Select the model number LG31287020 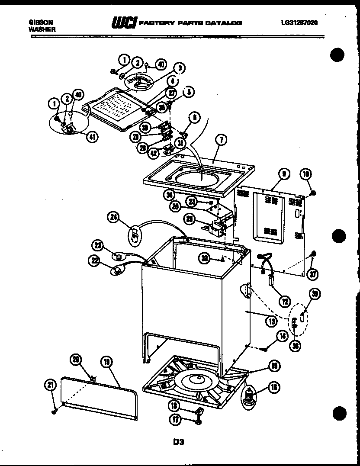point(299,23)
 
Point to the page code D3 point(180,442)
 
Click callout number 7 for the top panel point(221,140)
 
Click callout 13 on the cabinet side point(271,321)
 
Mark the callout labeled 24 point(114,219)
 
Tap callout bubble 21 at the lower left point(50,384)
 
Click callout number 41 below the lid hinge point(92,137)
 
